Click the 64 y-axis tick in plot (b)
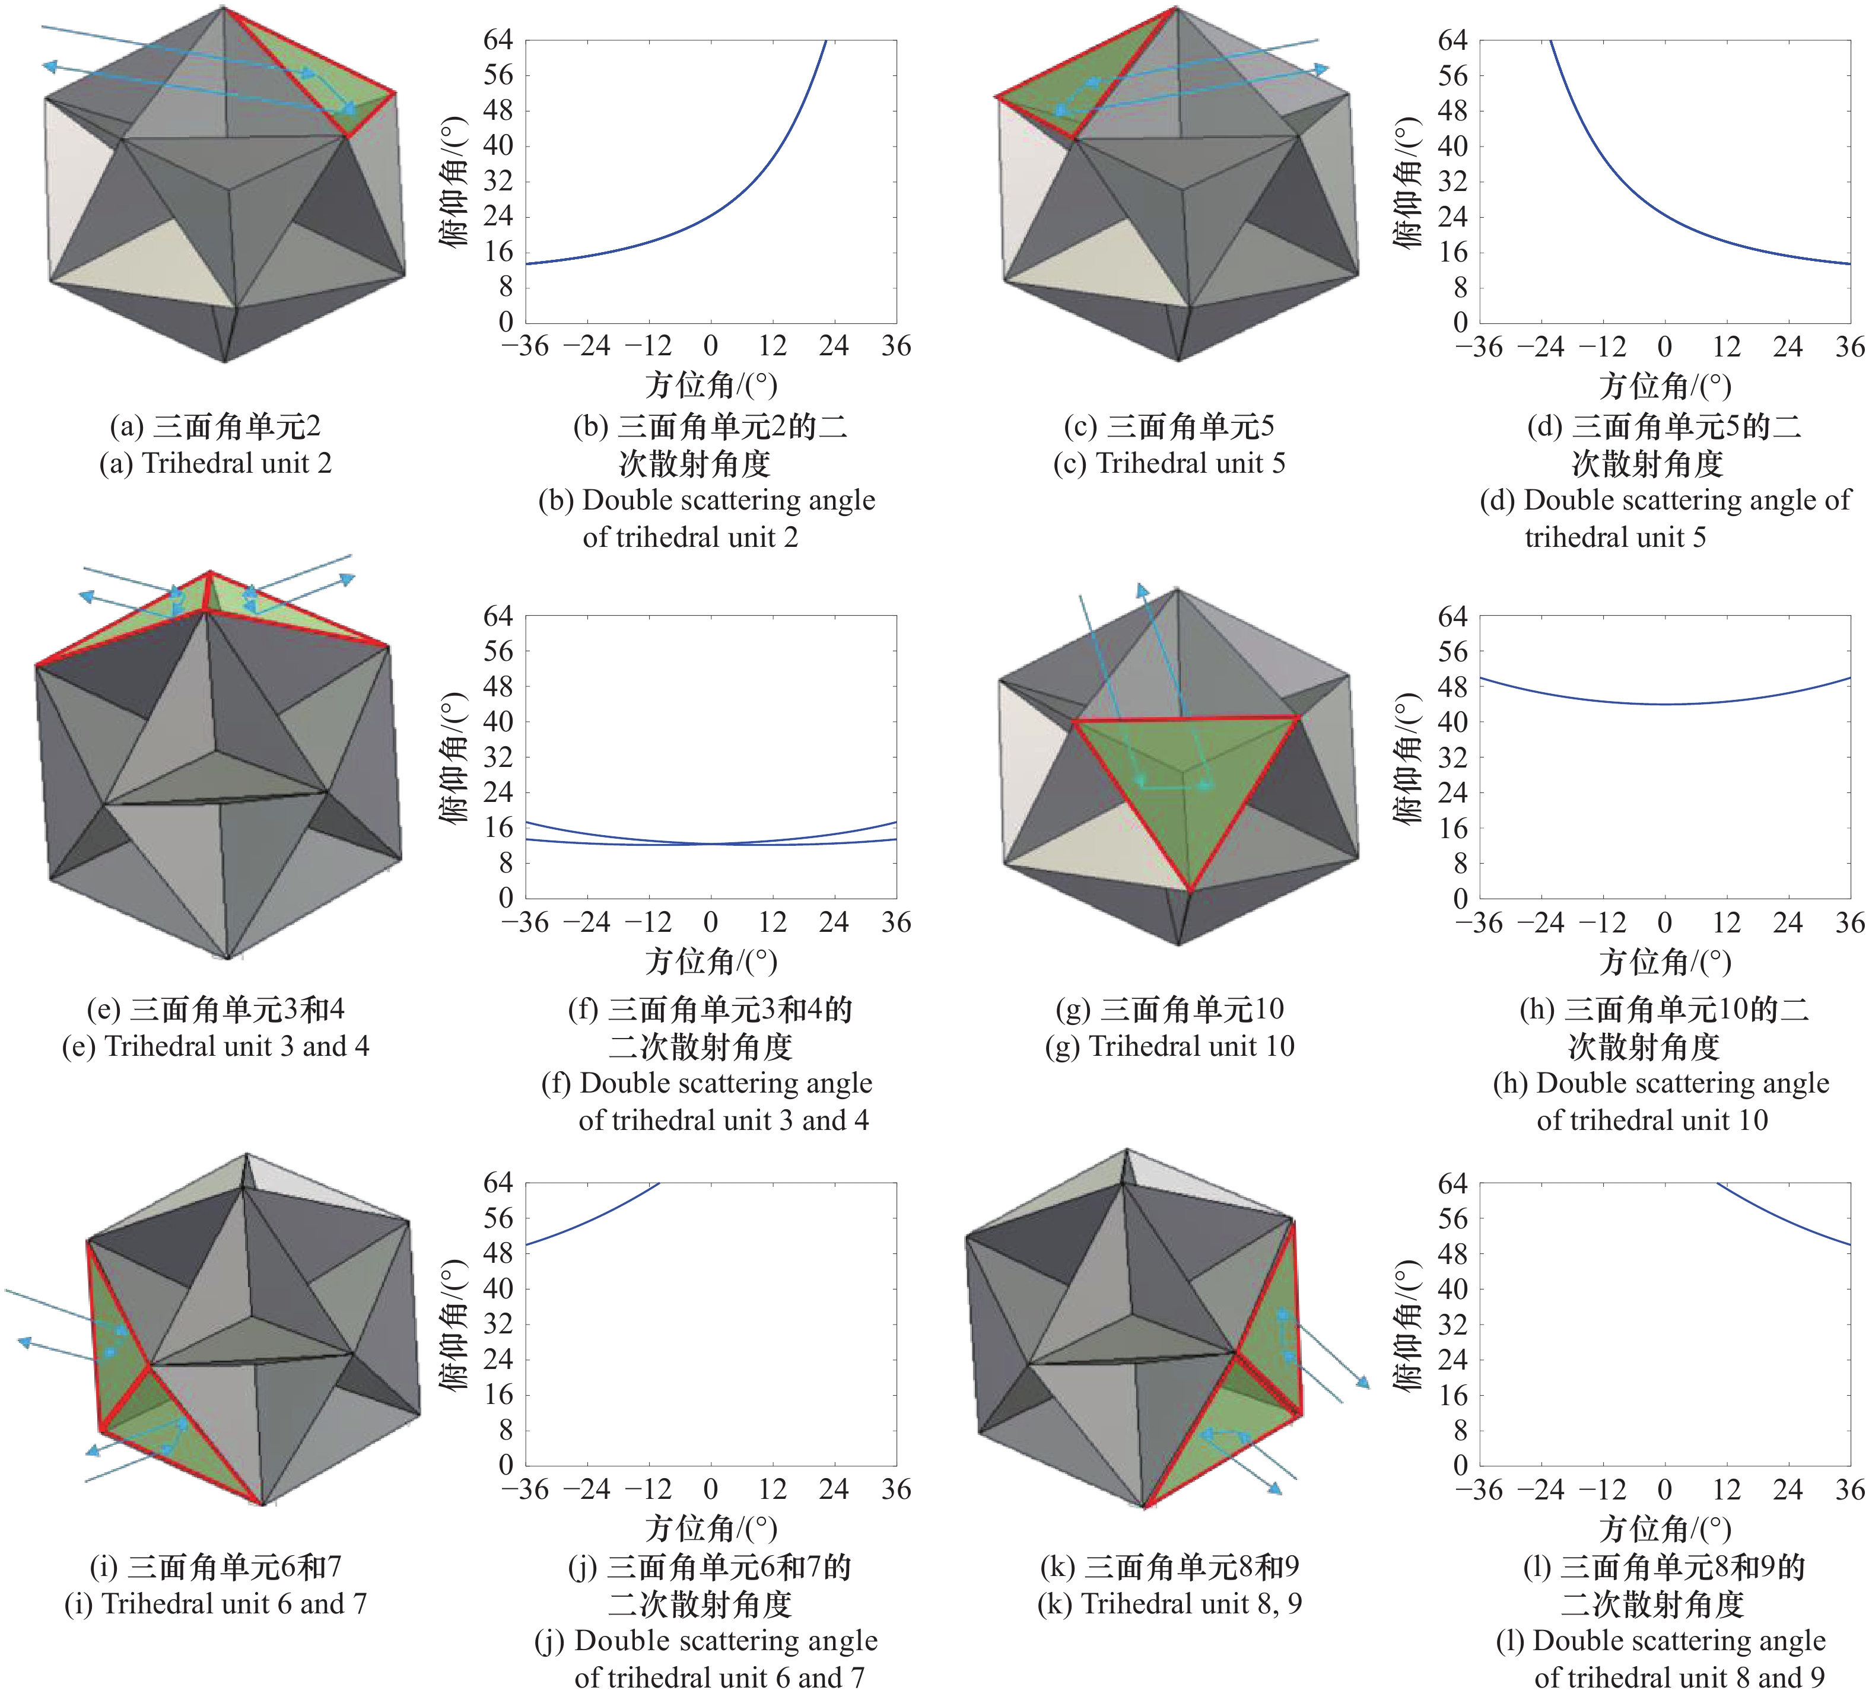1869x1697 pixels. coord(498,40)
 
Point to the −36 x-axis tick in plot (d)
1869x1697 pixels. coord(1478,348)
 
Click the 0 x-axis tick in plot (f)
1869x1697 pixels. coord(710,923)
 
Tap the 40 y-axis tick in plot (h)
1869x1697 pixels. coord(1452,722)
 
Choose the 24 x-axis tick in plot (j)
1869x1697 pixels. coord(834,1491)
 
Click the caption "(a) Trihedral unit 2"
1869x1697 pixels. coord(215,463)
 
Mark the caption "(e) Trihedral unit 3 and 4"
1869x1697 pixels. coord(215,1046)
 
